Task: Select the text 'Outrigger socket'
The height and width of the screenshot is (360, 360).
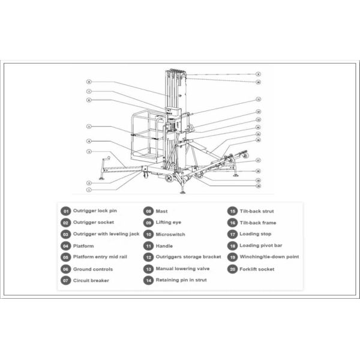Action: pos(94,223)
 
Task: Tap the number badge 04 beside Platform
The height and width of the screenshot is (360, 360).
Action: pos(65,246)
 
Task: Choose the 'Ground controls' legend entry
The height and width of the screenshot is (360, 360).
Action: pos(93,269)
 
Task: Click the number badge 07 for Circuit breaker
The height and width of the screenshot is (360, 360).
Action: pos(65,281)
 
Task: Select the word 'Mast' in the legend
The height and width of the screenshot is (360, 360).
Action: pos(161,211)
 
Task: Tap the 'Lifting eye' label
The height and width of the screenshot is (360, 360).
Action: pos(168,223)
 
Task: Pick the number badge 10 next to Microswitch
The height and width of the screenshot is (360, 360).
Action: pos(148,235)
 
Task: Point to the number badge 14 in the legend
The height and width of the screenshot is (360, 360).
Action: pos(148,280)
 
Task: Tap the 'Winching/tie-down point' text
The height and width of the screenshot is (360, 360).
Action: pos(269,257)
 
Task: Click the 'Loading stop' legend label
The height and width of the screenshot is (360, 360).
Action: pos(255,235)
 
